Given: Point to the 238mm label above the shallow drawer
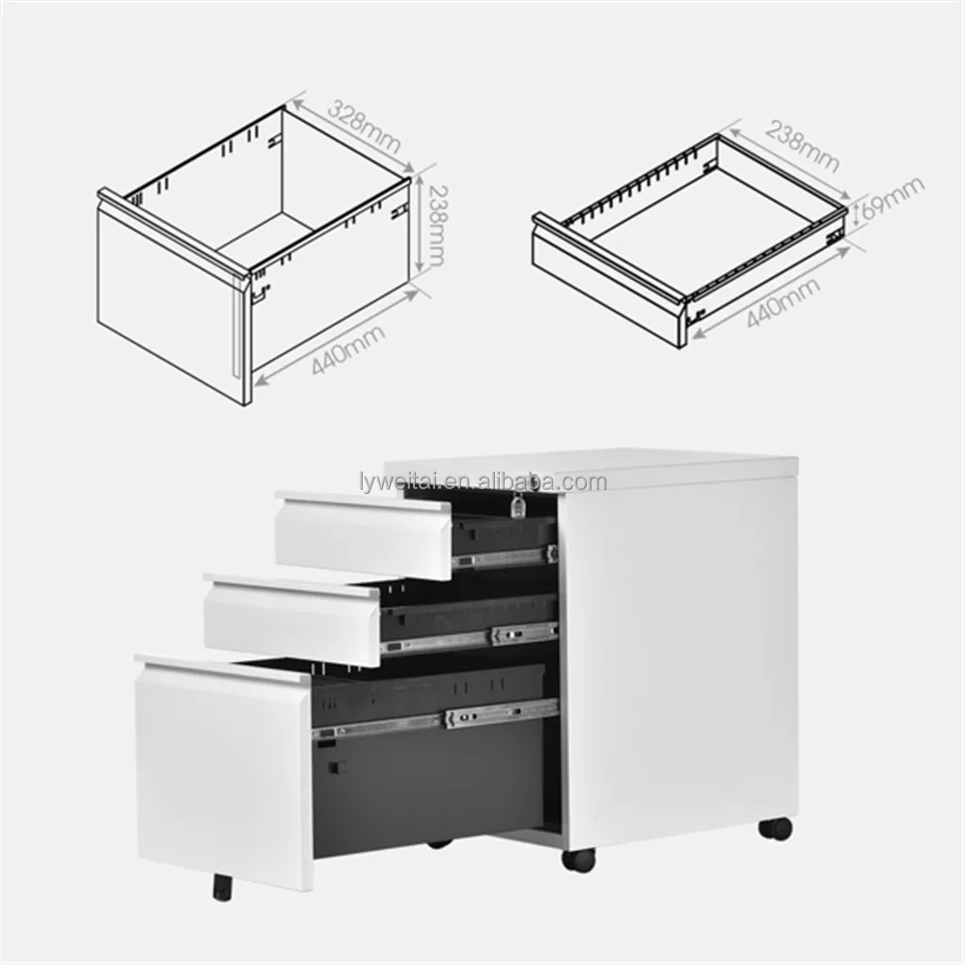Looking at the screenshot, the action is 802,146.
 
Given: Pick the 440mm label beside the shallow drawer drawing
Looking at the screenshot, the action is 784,302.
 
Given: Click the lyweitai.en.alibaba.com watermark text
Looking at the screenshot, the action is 483,481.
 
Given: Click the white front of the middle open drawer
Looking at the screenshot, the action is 290,618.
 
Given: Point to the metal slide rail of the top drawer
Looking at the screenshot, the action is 505,556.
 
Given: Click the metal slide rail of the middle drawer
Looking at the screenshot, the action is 469,638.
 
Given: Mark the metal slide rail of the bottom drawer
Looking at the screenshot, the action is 435,720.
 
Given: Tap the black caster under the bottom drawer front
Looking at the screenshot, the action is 223,887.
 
